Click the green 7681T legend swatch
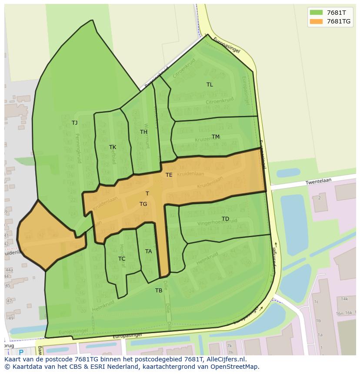tap(316, 12)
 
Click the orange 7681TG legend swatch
tap(316, 21)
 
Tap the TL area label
tap(210, 85)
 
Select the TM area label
tap(216, 137)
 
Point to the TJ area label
tap(75, 123)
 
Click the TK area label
tap(113, 147)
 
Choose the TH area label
tap(143, 132)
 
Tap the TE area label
tap(169, 175)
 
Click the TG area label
tap(143, 204)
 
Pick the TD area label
tap(225, 218)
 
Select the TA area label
tap(149, 252)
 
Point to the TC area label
tap(122, 259)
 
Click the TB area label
tap(159, 291)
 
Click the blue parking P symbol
tap(21, 353)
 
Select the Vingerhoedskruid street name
tap(217, 223)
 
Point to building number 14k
tap(344, 299)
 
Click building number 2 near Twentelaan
tap(319, 198)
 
